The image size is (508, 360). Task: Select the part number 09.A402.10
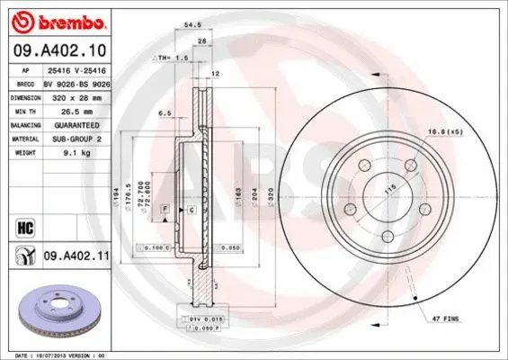tap(60, 50)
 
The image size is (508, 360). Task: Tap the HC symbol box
tap(24, 226)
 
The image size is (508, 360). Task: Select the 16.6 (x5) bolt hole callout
tap(446, 131)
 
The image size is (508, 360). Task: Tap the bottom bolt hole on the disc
tap(388, 237)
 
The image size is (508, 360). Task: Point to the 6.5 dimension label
tap(165, 113)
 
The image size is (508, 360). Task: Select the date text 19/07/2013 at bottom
tap(58, 355)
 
